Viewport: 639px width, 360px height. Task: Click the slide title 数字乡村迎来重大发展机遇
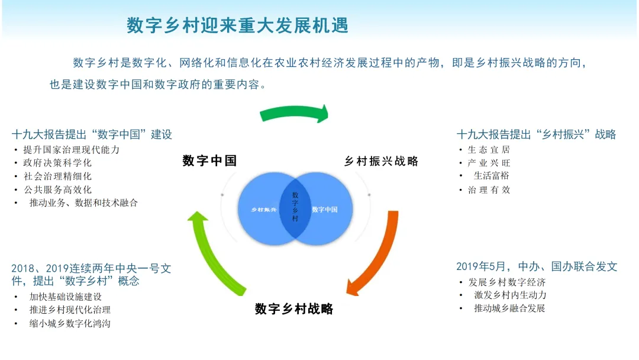coord(237,25)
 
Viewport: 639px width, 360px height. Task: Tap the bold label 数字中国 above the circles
coord(209,160)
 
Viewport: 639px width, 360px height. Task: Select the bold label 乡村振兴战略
coord(381,161)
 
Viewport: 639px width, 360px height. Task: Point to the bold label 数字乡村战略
coord(294,308)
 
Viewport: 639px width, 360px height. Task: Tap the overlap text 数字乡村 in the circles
coord(295,206)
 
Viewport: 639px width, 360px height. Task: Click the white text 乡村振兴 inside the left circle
coord(264,210)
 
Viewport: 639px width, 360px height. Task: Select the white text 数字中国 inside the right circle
coord(325,209)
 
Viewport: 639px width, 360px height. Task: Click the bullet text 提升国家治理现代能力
coord(72,149)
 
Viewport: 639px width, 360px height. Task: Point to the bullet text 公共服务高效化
coord(58,189)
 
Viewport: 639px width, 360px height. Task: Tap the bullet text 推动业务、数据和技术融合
coord(83,202)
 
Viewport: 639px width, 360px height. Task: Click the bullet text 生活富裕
coord(491,175)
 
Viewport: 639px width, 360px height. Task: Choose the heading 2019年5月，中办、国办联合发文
coord(537,266)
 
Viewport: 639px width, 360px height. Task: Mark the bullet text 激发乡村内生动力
coord(510,294)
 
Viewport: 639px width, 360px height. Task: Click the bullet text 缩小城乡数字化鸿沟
coord(70,323)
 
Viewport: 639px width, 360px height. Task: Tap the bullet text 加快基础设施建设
coord(66,296)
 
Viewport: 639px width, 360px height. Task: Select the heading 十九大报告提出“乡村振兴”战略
coord(536,134)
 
